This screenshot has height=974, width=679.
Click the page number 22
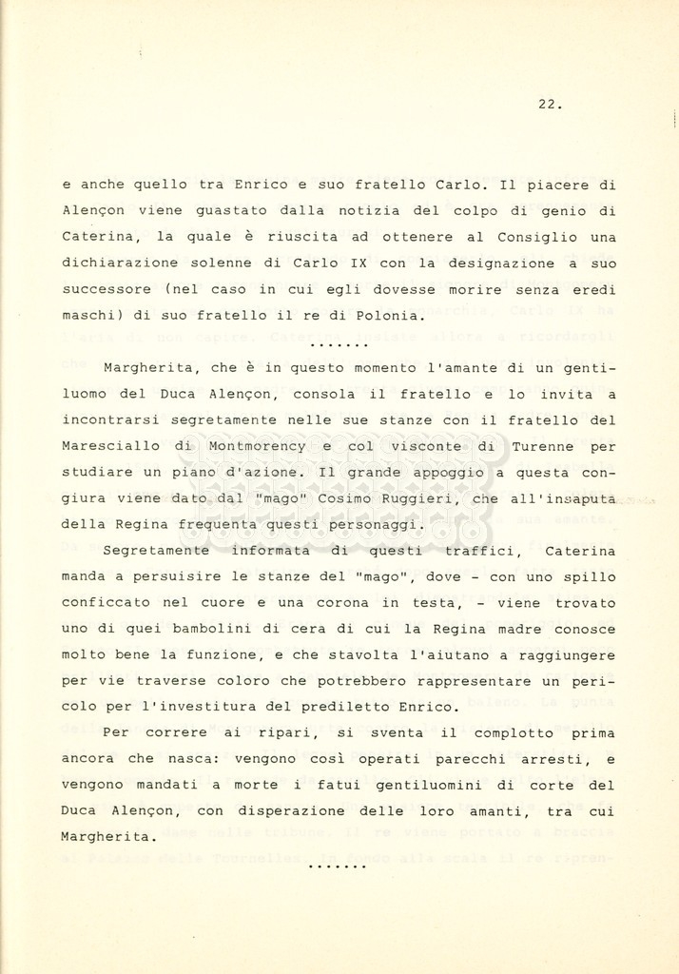point(549,105)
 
